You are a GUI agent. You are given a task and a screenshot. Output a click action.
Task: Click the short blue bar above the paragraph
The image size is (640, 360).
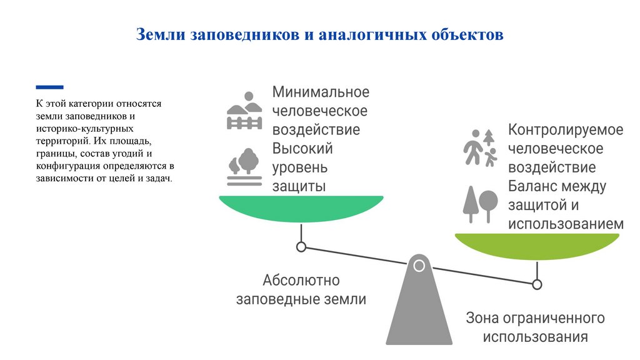coord(49,87)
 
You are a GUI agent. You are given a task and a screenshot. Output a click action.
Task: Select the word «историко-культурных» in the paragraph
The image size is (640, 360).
coord(76,129)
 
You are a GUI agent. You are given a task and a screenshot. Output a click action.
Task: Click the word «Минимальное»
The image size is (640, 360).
coord(321,92)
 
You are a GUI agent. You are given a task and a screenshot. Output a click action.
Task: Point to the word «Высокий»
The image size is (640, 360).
coord(302,149)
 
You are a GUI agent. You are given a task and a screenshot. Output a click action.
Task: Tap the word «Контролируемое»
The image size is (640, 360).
coord(566,130)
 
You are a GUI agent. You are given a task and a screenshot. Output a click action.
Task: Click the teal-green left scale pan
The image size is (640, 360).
coord(301,208)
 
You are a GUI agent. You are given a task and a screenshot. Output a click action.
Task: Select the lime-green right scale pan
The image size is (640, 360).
coord(537,246)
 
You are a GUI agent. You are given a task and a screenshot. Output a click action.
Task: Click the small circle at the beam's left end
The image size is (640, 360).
coord(301,247)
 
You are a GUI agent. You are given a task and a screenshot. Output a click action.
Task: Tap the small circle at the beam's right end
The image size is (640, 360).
coord(537,284)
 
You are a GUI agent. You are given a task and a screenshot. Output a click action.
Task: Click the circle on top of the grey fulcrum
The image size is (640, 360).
coord(419,266)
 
